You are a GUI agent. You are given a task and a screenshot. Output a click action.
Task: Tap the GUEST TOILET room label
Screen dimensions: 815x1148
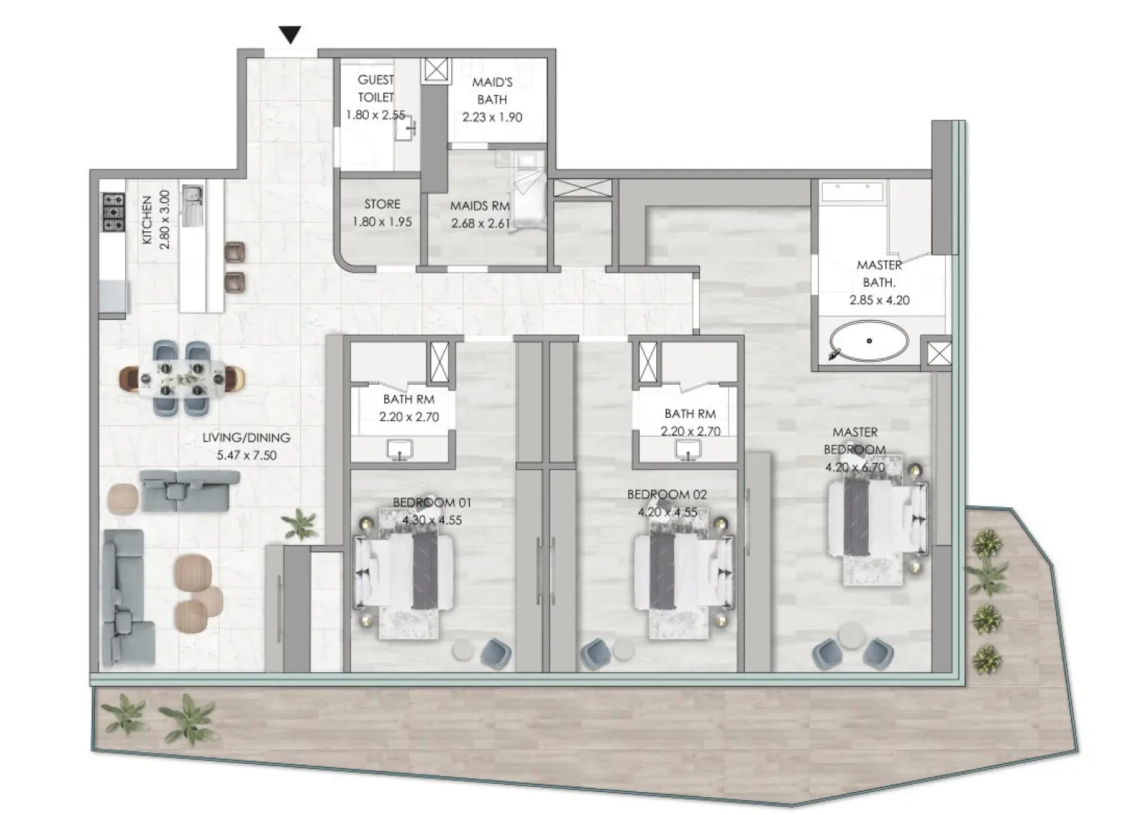click(x=376, y=88)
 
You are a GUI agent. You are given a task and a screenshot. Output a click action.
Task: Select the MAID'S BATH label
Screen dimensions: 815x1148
click(x=492, y=90)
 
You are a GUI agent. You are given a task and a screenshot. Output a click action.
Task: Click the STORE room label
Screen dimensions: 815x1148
click(x=382, y=204)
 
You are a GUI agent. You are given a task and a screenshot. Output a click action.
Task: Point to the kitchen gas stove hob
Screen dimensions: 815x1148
click(x=113, y=212)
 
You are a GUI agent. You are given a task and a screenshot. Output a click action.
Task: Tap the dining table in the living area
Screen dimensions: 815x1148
click(x=182, y=378)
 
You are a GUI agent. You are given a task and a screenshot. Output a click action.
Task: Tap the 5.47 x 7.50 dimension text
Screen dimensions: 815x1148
click(x=246, y=455)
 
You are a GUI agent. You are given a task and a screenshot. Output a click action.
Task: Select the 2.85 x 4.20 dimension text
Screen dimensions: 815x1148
click(x=879, y=300)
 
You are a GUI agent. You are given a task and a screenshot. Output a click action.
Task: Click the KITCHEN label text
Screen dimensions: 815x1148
click(x=147, y=220)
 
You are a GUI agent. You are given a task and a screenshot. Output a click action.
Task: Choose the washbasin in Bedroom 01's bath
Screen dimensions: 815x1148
click(x=401, y=449)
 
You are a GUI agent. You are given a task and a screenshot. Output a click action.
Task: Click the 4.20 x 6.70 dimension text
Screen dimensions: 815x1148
click(x=855, y=467)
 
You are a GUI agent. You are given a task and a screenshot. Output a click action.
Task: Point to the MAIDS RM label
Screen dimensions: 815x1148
click(x=480, y=206)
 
